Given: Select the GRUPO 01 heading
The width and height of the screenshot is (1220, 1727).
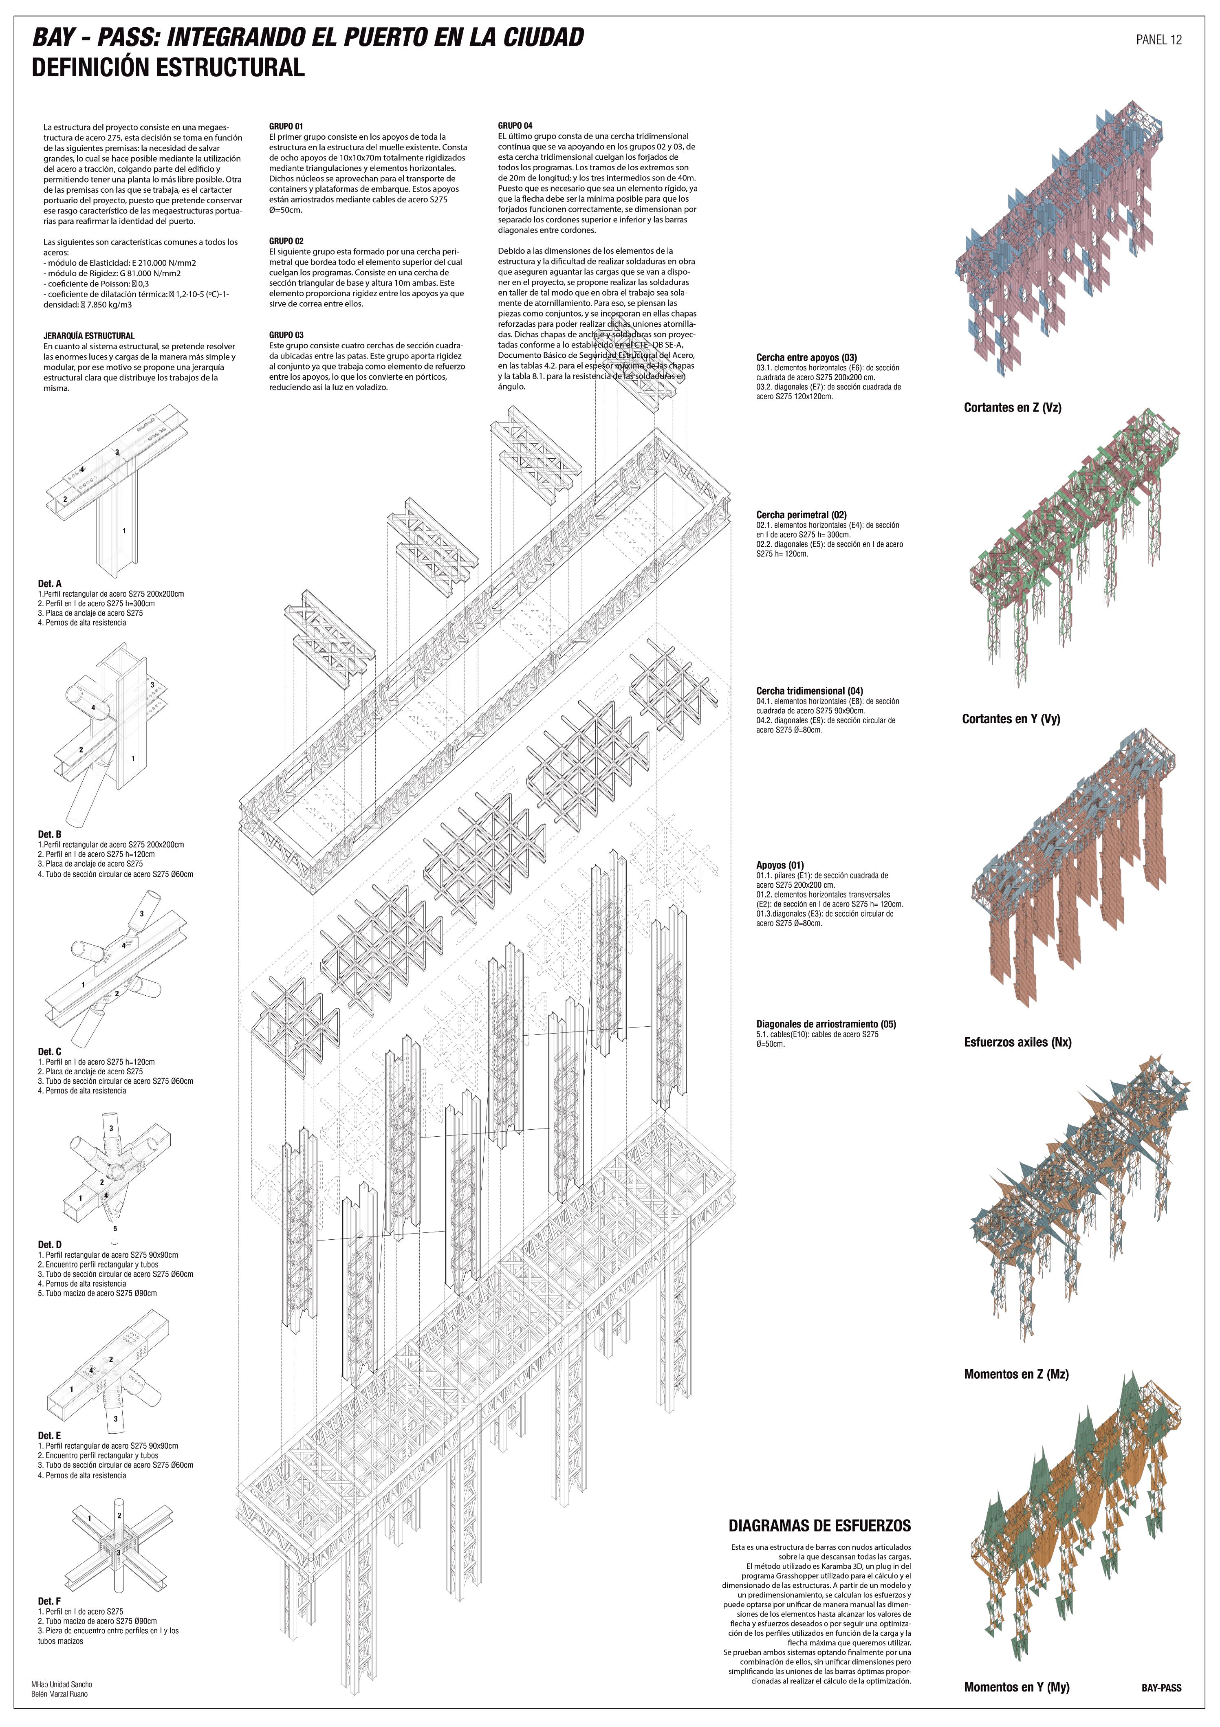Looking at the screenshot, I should point(286,126).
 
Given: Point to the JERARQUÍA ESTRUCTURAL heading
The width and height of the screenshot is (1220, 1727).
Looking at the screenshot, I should point(89,335).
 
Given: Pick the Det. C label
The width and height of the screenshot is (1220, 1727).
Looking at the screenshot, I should point(50,1052).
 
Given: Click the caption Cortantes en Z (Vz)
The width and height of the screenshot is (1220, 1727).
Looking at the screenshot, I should point(1013,408).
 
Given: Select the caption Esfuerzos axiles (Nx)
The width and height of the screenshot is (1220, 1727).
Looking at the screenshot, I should point(1017,1043).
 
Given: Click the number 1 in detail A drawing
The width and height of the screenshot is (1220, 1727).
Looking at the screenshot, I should point(124,531).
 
